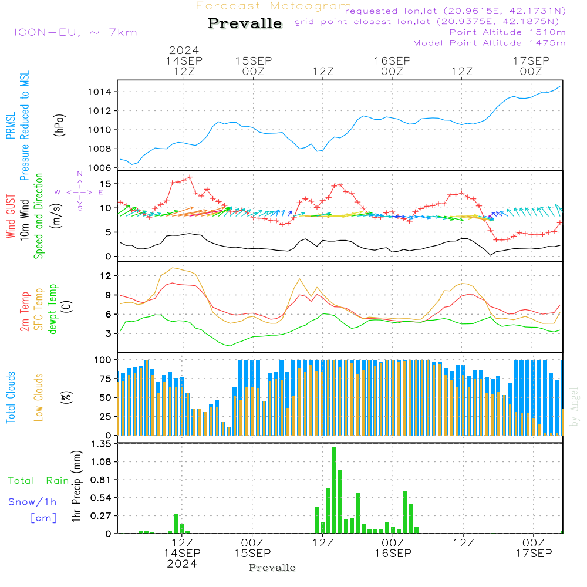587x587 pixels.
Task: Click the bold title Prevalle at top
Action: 245,23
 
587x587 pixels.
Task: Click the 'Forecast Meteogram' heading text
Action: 274,6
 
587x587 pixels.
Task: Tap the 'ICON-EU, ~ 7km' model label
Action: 75,32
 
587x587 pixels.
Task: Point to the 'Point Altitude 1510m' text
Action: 507,32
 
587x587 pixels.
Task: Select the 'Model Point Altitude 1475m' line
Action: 489,43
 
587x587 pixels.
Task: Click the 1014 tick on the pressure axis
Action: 100,92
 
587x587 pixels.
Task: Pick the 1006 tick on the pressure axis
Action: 100,168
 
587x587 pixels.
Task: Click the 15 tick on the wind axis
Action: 106,184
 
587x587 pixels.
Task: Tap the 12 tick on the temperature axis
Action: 106,275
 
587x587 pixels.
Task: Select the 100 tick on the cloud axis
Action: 103,359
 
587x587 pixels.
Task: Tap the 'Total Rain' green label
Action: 38,481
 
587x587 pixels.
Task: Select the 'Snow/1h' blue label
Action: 32,502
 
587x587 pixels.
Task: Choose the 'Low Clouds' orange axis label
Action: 39,397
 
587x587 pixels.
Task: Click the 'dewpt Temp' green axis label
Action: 53,309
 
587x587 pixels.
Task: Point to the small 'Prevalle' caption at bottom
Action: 272,568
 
